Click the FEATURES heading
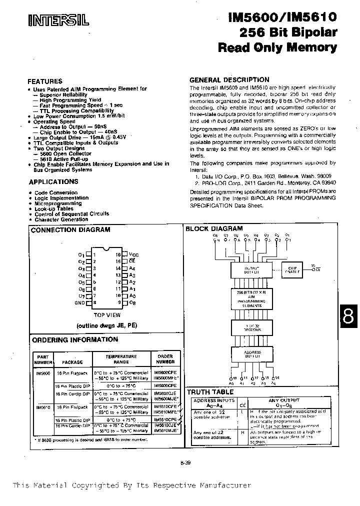(44, 81)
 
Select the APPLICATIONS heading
(53, 181)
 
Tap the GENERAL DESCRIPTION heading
(229, 79)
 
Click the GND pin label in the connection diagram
(80, 302)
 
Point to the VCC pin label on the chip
(133, 254)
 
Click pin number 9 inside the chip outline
(119, 302)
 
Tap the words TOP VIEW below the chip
(107, 315)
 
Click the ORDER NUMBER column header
(165, 359)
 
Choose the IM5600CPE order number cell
(165, 386)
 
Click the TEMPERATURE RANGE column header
(120, 359)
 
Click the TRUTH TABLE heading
(209, 392)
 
